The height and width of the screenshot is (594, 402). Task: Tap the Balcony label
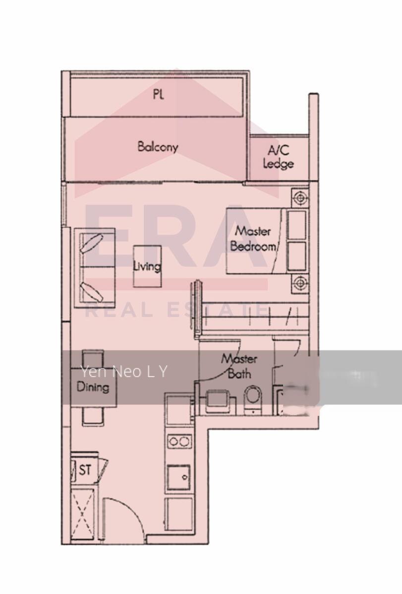[158, 147]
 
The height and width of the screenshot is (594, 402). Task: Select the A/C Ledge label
[279, 157]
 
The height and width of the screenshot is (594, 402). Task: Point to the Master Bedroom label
[253, 238]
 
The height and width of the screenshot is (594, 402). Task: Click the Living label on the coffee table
[147, 266]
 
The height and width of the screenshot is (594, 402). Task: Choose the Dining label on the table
[93, 387]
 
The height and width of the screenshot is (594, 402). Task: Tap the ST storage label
[85, 470]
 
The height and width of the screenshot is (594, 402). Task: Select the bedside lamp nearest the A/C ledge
[299, 198]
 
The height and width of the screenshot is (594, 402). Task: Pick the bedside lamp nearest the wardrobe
[299, 283]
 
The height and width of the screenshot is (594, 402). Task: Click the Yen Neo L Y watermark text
[124, 371]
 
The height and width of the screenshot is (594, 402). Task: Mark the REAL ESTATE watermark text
[176, 311]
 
